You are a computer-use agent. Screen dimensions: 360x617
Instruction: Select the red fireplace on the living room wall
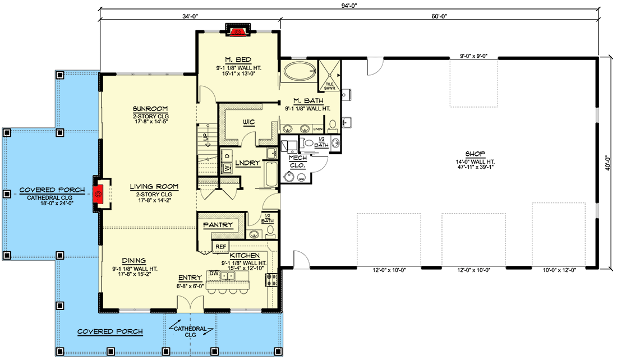99,194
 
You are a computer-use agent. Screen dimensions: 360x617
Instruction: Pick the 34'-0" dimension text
190,16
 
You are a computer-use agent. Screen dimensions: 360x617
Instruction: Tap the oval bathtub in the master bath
299,73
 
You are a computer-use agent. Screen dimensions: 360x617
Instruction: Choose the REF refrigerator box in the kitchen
220,246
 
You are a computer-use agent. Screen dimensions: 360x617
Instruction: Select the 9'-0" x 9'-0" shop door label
473,56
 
